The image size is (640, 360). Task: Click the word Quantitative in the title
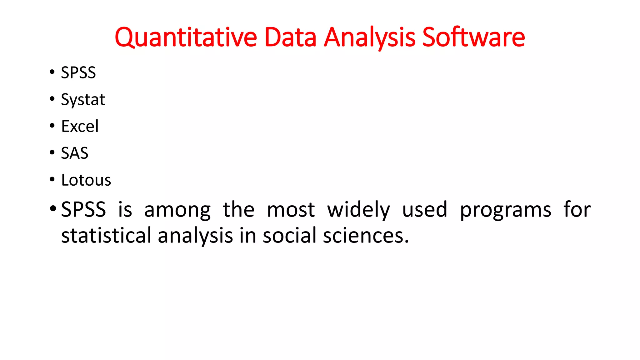(186, 37)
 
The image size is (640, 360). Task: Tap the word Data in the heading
(290, 37)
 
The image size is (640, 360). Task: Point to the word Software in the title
(473, 37)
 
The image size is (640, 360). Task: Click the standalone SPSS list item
(78, 73)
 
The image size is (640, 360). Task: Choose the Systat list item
(83, 100)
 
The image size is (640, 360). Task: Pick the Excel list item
(80, 127)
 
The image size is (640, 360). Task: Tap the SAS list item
(74, 153)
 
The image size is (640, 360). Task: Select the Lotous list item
(86, 180)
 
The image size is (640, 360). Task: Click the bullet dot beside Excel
(52, 126)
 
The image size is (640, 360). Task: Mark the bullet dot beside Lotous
(52, 179)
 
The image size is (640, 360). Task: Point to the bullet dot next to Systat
(52, 99)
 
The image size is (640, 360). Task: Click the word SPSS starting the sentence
(83, 209)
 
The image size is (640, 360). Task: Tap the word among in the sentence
(177, 210)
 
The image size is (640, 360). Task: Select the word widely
(358, 210)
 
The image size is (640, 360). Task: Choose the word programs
(506, 210)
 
